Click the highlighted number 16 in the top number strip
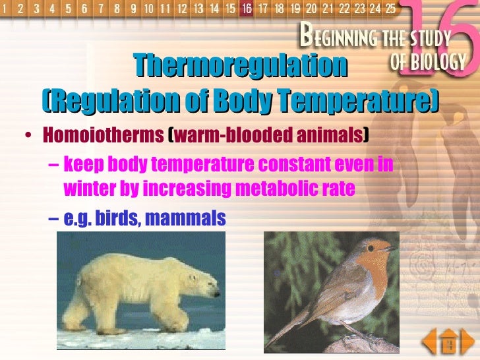[x=247, y=9]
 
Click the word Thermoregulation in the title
[x=240, y=65]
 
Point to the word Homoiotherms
[x=103, y=135]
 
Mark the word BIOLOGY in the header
[x=437, y=62]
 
